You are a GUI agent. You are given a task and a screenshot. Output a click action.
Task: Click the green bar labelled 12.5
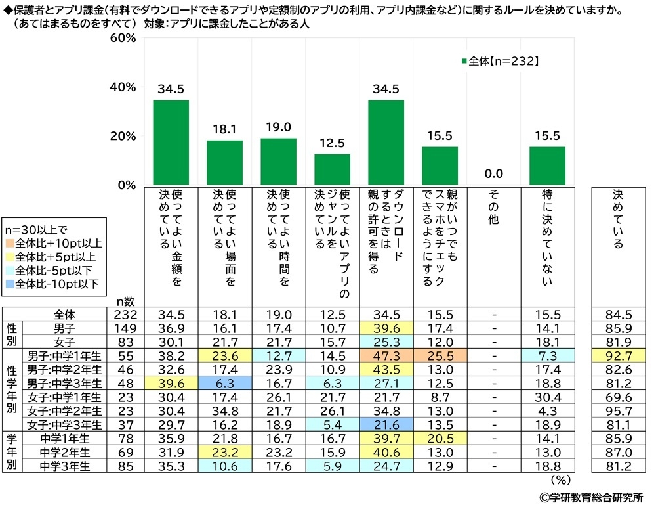(332, 169)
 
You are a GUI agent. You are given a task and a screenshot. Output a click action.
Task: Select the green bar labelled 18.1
(224, 162)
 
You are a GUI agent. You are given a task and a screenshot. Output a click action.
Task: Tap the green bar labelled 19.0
(278, 162)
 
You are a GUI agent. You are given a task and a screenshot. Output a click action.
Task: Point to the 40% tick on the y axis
(123, 87)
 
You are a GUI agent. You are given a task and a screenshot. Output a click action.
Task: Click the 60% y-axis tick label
(123, 39)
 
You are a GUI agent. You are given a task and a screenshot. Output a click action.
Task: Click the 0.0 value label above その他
(493, 173)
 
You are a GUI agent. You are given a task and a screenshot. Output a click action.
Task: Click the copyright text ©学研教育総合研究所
(592, 498)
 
